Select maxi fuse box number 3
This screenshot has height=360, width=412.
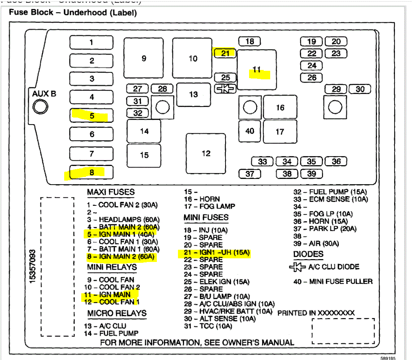tap(91, 79)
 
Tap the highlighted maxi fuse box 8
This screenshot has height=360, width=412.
tap(91, 172)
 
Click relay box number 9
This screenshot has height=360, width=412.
tap(144, 59)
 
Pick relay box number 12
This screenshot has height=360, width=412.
tap(206, 153)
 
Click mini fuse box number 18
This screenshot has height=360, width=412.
tap(249, 41)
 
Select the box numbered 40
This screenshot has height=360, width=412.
tap(249, 131)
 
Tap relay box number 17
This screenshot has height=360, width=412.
tap(280, 132)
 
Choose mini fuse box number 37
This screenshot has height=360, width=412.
tap(249, 174)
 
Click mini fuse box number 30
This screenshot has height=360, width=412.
tap(360, 89)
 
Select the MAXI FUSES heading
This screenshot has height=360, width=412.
tap(111, 192)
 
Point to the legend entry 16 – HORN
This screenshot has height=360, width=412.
tap(202, 199)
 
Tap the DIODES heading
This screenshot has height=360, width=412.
tap(308, 254)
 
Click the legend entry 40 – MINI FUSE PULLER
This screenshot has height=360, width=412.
tap(333, 281)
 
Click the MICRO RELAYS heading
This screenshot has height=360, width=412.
tap(117, 314)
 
